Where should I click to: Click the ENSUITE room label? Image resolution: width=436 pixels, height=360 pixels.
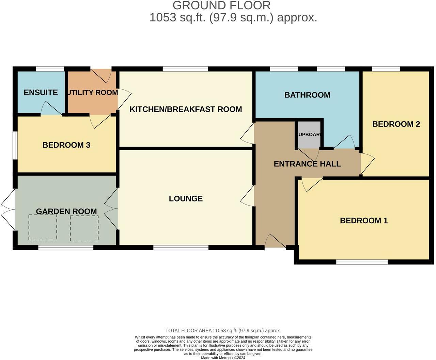click(41, 92)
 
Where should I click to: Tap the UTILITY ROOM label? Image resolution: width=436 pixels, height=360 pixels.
click(93, 92)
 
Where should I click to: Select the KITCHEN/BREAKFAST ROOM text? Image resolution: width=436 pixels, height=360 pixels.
click(186, 109)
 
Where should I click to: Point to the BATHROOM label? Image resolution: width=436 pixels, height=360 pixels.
click(307, 95)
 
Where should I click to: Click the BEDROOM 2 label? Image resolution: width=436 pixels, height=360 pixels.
click(396, 124)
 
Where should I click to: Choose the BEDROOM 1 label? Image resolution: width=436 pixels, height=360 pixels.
click(364, 221)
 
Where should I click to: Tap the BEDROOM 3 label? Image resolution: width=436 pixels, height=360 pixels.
click(66, 145)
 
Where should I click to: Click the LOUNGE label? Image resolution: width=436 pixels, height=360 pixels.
click(186, 198)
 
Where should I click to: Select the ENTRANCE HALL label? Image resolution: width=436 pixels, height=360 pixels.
click(307, 164)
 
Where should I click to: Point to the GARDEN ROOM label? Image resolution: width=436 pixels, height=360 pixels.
click(66, 211)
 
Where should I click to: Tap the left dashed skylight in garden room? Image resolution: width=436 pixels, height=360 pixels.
click(43, 227)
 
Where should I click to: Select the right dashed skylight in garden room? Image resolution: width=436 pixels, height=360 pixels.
click(84, 228)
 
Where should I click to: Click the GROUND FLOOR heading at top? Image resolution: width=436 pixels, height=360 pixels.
click(221, 5)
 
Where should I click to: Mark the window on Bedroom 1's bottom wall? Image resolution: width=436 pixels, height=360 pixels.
click(362, 262)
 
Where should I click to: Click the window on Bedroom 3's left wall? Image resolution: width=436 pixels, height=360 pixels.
click(15, 145)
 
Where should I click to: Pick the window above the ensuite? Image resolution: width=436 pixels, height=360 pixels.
click(50, 69)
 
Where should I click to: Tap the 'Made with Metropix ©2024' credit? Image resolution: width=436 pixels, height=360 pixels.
click(223, 358)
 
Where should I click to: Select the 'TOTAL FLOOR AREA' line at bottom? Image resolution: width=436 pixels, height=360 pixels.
click(223, 330)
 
